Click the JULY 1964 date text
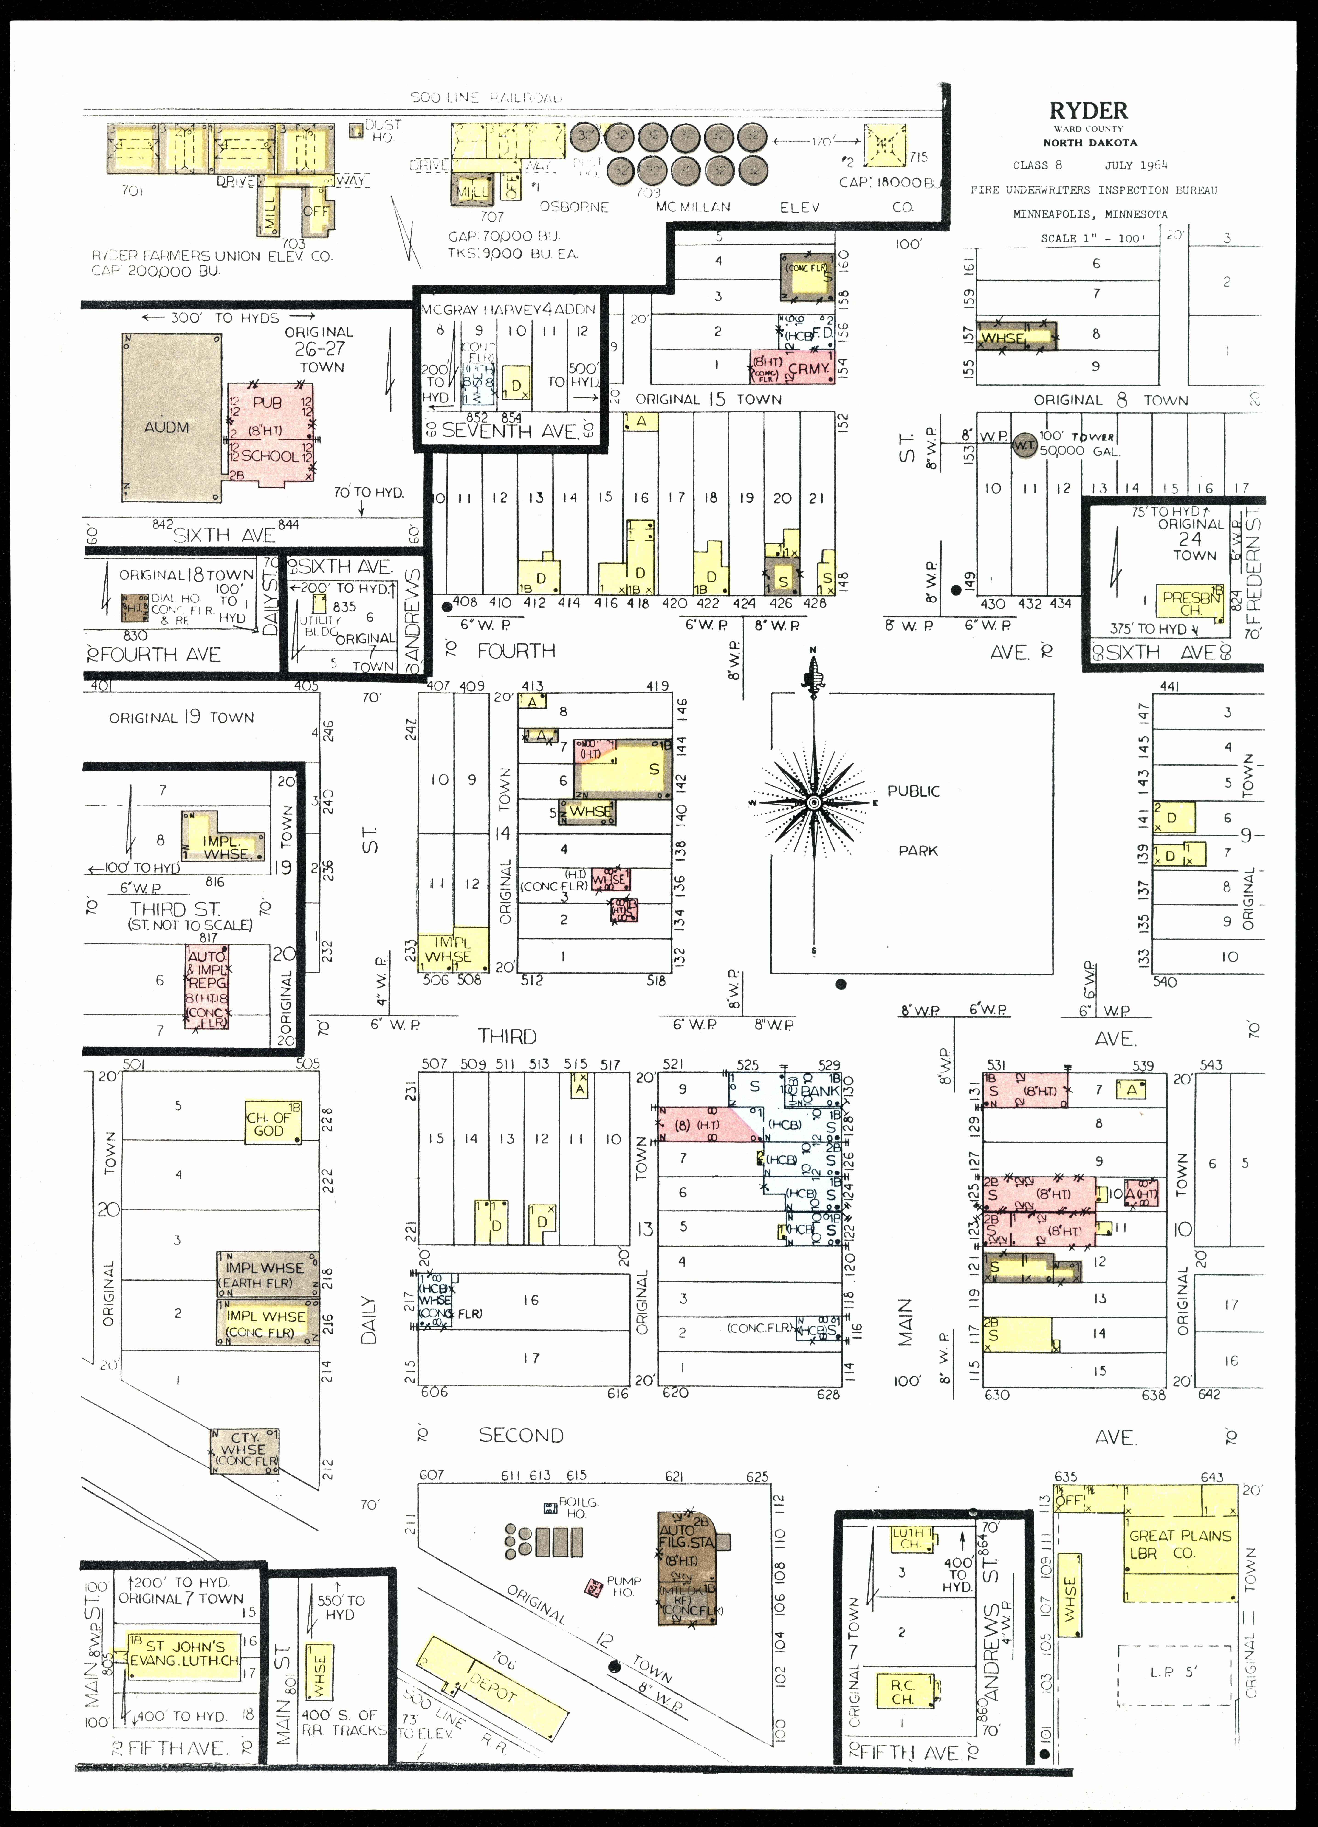pyautogui.click(x=1136, y=165)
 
